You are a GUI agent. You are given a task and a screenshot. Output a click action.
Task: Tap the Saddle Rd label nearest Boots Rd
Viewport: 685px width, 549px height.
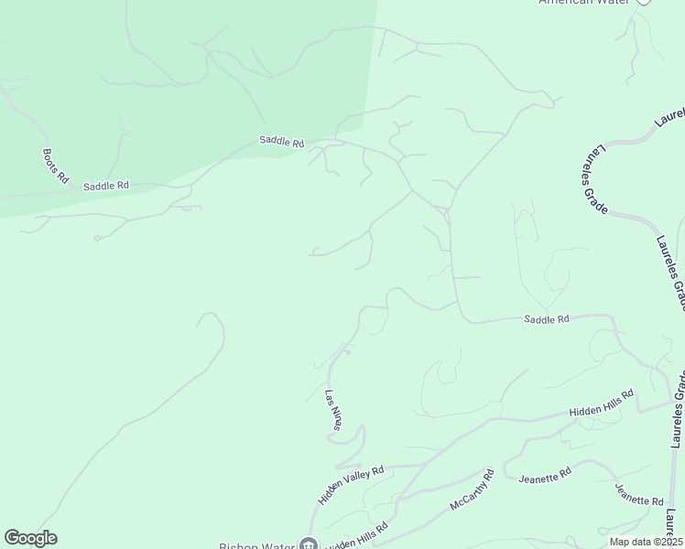click(106, 186)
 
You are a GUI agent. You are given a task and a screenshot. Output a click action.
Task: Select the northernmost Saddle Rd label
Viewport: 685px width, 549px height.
click(281, 142)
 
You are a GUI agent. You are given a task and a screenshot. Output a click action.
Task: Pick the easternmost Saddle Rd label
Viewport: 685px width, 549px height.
click(547, 319)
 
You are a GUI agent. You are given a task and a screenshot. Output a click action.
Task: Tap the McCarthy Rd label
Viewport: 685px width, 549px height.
click(473, 490)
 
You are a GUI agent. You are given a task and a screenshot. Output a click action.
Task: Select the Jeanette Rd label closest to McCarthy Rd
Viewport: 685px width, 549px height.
click(545, 478)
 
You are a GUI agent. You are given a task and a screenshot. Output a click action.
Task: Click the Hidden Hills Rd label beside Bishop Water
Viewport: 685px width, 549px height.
click(358, 537)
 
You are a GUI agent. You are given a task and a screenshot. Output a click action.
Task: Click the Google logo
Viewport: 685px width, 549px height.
click(30, 538)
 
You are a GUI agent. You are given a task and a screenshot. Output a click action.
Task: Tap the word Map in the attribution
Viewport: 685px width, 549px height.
click(620, 542)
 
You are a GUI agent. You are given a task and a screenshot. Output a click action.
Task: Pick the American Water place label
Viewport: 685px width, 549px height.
click(583, 3)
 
